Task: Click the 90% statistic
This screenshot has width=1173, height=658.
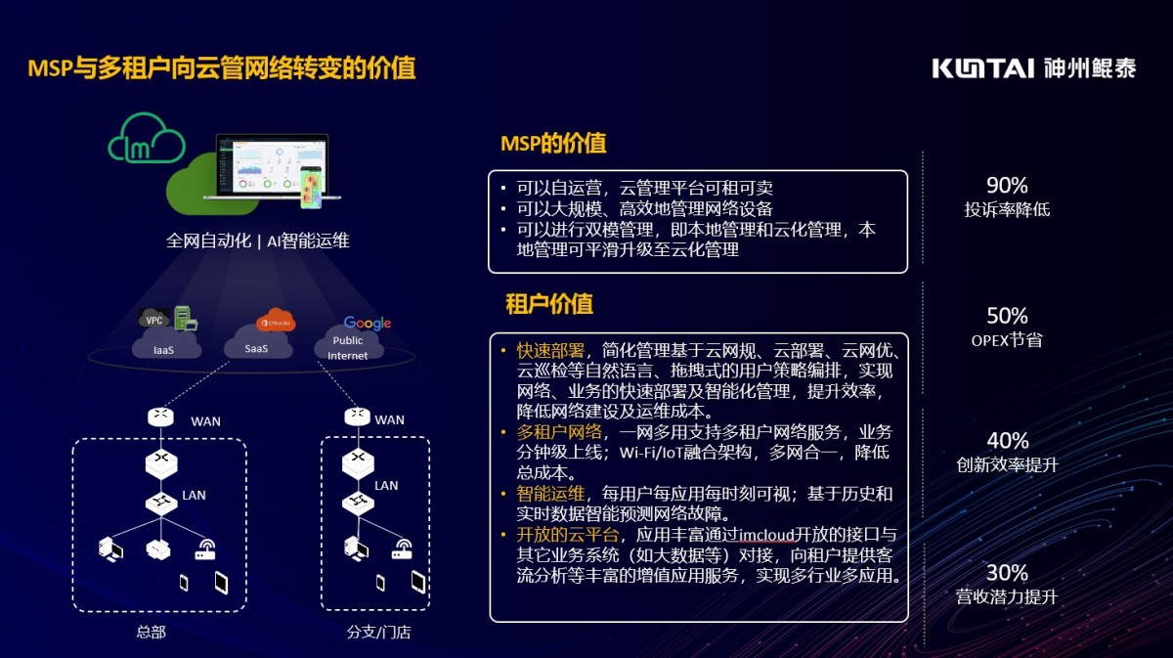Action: tap(1007, 186)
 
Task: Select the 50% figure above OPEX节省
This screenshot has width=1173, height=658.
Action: tap(1007, 316)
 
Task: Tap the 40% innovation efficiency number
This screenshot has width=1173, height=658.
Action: tap(1007, 441)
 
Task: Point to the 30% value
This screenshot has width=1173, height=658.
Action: tap(1007, 572)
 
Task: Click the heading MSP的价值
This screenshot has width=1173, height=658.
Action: tap(553, 144)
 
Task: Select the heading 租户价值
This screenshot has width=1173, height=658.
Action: tap(548, 304)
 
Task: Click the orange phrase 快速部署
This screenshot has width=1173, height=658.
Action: tap(551, 351)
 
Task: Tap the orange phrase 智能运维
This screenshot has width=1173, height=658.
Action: tap(551, 494)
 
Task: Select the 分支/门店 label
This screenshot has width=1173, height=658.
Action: tap(378, 633)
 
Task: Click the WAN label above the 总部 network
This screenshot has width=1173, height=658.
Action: tap(205, 421)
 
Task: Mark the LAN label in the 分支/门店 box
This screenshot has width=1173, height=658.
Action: tap(386, 485)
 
